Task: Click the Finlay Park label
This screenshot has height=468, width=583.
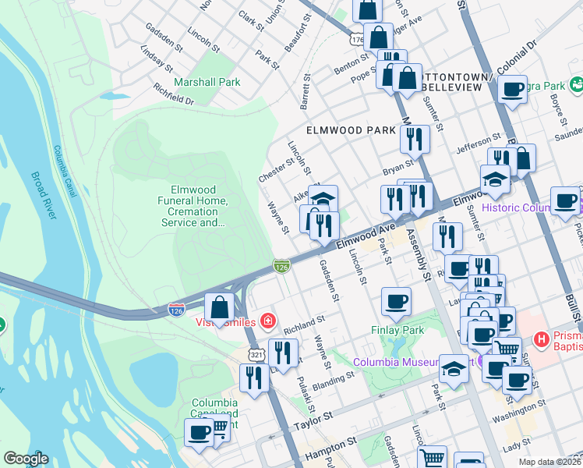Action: (x=397, y=330)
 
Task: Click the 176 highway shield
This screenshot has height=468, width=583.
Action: (x=357, y=38)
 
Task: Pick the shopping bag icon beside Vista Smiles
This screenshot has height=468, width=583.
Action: (x=220, y=308)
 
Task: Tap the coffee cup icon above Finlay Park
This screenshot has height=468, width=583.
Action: (x=396, y=302)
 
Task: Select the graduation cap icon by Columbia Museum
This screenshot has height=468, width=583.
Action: (x=454, y=369)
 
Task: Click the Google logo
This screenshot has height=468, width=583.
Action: (x=26, y=459)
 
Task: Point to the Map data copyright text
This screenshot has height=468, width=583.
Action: (x=549, y=462)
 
